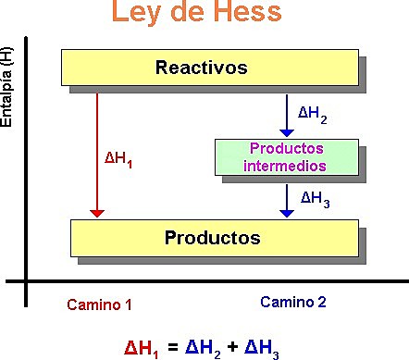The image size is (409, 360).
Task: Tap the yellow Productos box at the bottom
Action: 212,237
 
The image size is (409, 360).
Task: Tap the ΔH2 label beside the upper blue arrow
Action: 313,114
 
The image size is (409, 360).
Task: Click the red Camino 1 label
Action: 100,304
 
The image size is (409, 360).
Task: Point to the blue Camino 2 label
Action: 293,302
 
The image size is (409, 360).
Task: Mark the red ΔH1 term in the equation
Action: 143,348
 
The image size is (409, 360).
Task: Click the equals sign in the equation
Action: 173,348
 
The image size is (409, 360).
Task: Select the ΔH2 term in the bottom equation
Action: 204,348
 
